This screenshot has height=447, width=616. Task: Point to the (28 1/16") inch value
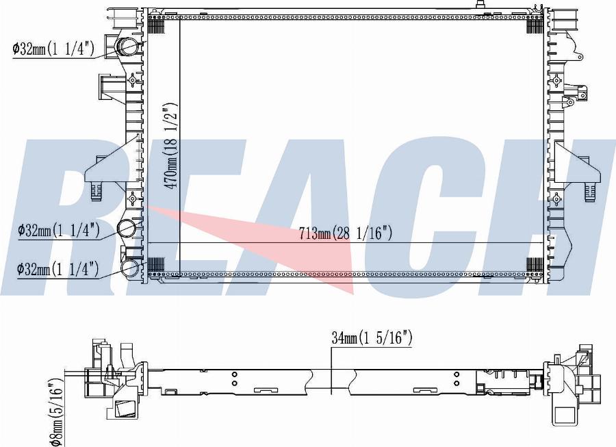point(362,233)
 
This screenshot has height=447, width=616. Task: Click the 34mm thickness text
point(345,338)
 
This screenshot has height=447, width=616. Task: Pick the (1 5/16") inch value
point(385,338)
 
